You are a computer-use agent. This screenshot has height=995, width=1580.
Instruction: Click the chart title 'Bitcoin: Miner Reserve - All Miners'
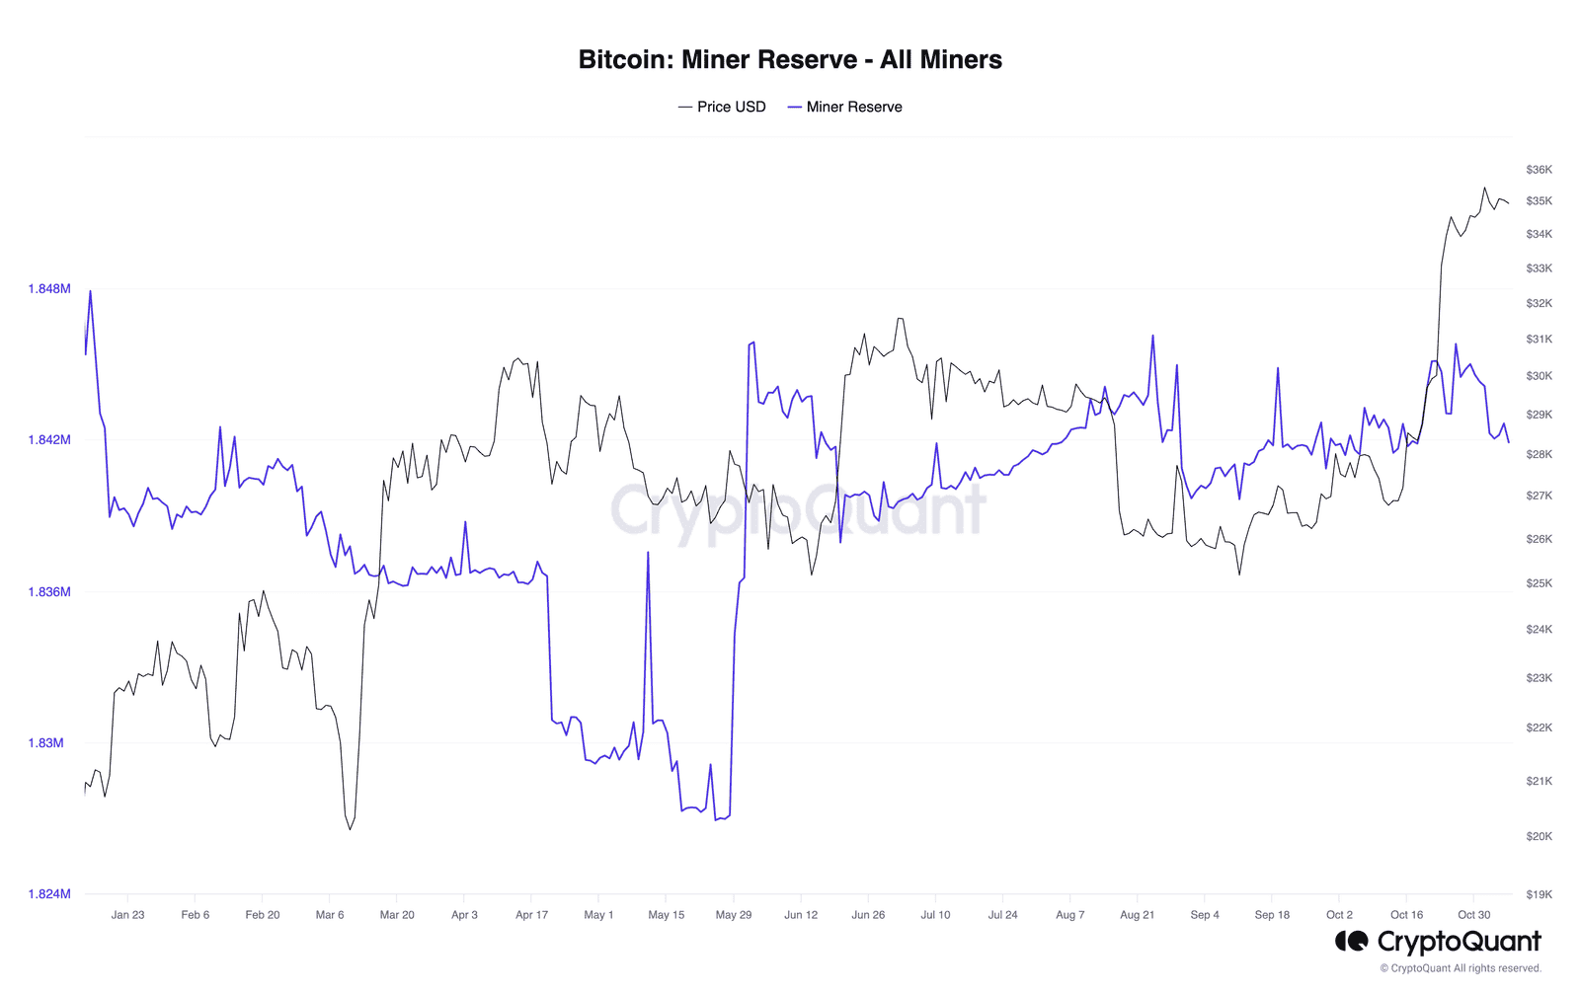tap(790, 60)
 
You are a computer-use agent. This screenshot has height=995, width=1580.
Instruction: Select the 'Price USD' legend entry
tap(722, 107)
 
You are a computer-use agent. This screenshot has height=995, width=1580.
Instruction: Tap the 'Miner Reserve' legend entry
tap(845, 107)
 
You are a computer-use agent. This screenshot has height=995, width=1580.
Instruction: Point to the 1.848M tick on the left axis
tap(49, 289)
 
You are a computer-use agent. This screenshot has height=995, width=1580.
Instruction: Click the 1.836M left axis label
tap(49, 592)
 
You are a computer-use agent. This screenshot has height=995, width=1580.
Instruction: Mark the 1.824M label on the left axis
tap(49, 894)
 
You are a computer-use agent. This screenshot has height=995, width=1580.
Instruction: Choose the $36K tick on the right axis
tap(1539, 170)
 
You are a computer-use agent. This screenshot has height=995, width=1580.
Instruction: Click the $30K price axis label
tap(1539, 376)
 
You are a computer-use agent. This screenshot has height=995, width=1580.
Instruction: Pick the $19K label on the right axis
tap(1539, 895)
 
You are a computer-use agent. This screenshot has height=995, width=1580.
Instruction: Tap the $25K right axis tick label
tap(1539, 583)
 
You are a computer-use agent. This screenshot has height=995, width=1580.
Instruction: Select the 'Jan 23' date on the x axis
tap(127, 915)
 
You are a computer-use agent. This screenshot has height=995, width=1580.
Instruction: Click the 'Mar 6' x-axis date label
tap(330, 915)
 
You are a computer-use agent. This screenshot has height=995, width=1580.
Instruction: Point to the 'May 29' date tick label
tap(734, 915)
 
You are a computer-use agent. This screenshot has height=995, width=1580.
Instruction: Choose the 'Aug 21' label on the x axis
tap(1137, 915)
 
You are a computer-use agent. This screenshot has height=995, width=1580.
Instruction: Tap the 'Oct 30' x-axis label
tap(1474, 915)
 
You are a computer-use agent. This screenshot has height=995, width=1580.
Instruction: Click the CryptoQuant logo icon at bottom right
tap(1351, 942)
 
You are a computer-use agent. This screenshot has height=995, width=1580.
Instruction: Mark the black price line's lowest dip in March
tap(350, 829)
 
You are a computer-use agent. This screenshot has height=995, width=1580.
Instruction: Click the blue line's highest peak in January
tap(90, 291)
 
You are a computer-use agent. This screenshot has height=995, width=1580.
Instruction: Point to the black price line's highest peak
tap(1484, 188)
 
